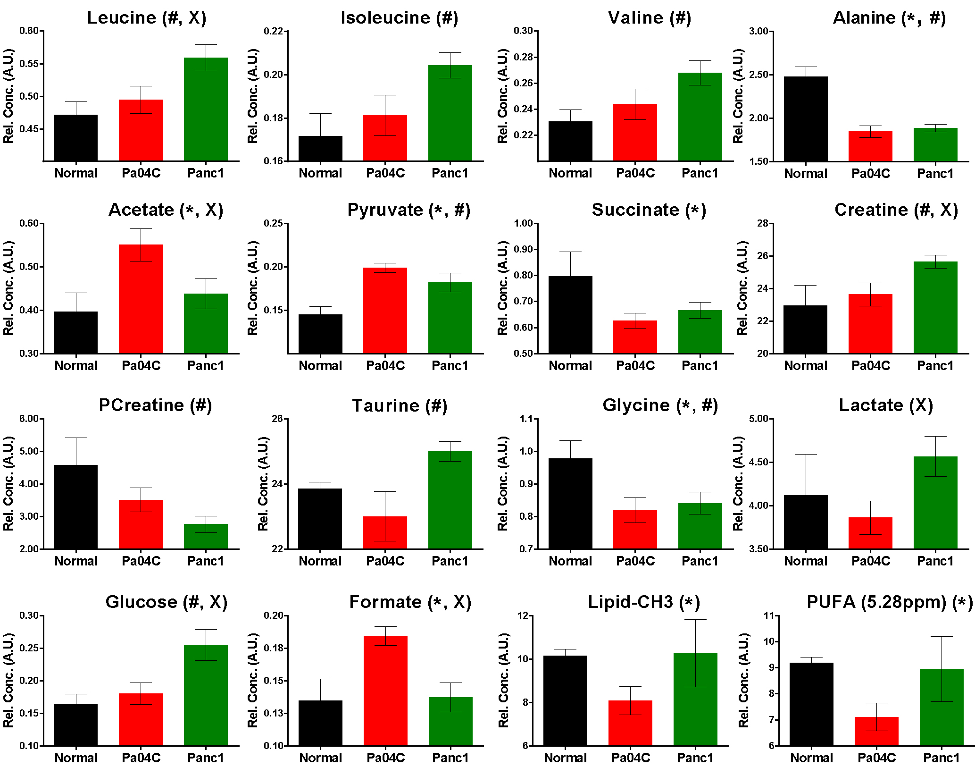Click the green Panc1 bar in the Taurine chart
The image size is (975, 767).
click(450, 500)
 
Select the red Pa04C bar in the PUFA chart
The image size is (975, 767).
click(876, 731)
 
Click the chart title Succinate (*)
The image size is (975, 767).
click(649, 210)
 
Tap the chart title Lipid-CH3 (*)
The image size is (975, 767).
click(644, 602)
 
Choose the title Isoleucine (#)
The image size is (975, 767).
click(399, 18)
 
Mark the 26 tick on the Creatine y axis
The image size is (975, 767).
click(762, 256)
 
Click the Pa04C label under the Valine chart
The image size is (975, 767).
click(635, 173)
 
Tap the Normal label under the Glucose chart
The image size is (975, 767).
click(76, 758)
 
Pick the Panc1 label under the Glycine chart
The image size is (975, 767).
click(700, 561)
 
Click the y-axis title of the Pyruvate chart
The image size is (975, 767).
click(253, 288)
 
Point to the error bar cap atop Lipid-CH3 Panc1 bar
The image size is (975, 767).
click(695, 620)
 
